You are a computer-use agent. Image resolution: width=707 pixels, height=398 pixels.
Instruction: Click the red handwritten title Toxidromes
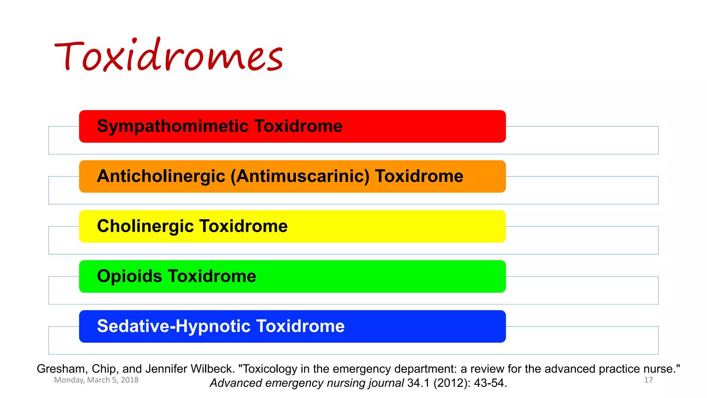168,55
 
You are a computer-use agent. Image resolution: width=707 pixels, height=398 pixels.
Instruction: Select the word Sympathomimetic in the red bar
173,126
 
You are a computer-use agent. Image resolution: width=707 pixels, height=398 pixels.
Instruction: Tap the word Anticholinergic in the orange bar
161,176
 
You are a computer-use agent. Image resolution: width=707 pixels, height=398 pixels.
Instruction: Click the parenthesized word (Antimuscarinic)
300,176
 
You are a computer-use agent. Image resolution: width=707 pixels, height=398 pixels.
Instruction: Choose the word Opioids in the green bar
129,276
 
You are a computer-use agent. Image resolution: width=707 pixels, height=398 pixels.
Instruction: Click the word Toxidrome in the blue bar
300,326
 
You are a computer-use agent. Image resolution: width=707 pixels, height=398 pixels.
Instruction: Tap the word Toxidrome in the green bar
212,276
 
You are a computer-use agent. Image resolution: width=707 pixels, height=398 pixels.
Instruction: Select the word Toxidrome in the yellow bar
243,226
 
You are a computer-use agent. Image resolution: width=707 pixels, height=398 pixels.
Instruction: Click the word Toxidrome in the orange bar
419,176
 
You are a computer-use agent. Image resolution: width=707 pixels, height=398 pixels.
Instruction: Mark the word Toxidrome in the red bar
299,126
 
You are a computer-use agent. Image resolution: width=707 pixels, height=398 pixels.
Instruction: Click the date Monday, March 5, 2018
96,380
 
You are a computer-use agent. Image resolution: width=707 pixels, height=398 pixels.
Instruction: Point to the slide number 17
648,380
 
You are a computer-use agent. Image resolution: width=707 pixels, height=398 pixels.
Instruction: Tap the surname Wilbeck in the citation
212,369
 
